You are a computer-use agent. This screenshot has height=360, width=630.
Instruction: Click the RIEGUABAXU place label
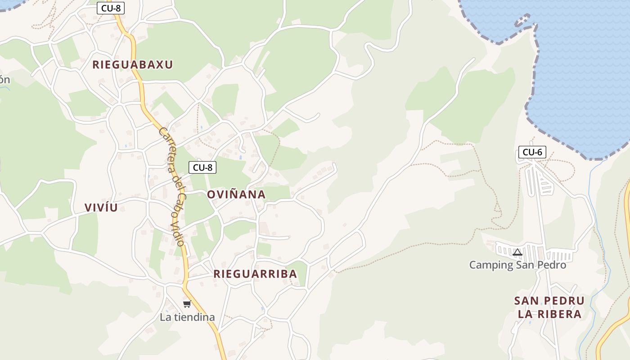click(133, 64)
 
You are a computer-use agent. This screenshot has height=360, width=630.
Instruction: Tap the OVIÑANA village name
click(236, 194)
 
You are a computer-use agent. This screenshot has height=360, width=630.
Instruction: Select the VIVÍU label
click(101, 207)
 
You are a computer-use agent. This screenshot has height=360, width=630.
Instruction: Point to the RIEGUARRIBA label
click(255, 274)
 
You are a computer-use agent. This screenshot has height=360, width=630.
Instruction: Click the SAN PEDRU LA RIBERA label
click(549, 307)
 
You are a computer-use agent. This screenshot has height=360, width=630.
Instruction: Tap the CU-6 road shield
click(532, 152)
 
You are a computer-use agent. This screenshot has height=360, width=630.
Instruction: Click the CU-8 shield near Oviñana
click(202, 167)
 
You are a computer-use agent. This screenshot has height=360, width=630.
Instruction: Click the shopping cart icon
click(187, 304)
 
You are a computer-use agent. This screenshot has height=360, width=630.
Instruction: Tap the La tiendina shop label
click(187, 317)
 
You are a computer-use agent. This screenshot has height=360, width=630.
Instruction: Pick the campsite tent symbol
click(517, 252)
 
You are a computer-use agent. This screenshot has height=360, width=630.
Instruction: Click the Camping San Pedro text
click(517, 265)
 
